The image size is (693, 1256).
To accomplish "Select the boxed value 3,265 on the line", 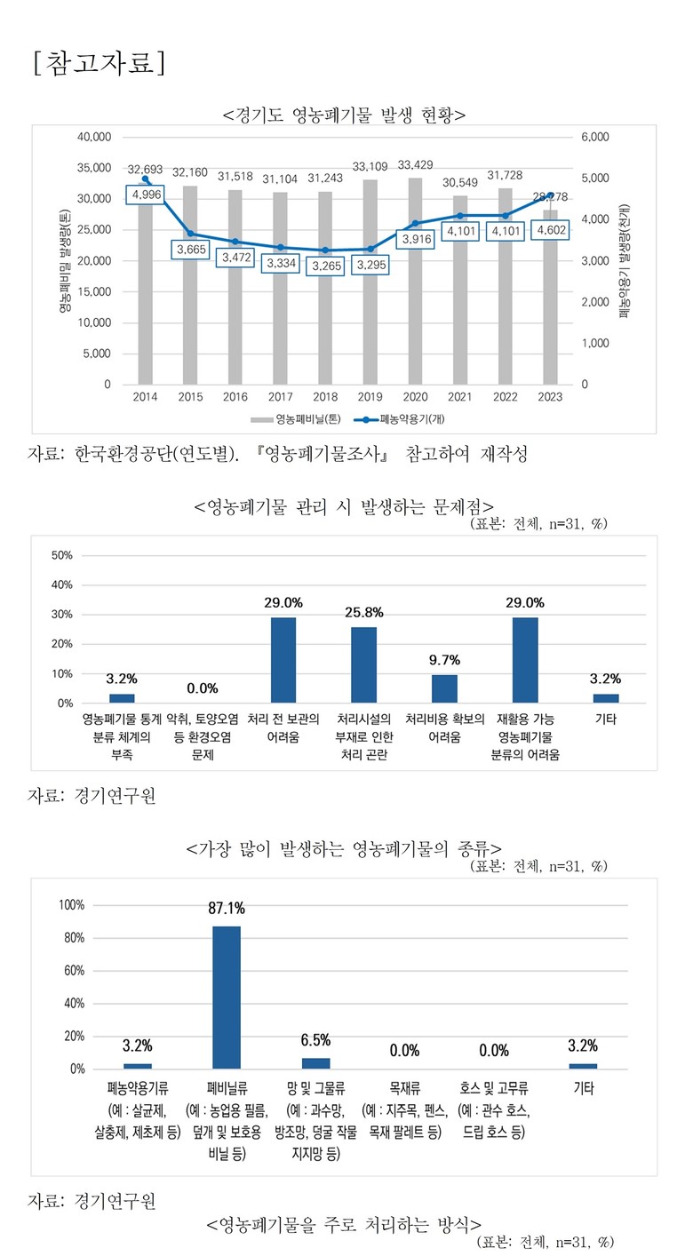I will pyautogui.click(x=325, y=266).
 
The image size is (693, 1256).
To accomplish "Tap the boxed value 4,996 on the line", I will pyautogui.click(x=146, y=195).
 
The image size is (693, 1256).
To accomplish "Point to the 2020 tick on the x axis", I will pyautogui.click(x=416, y=398).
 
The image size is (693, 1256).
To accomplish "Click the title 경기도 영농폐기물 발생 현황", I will pyautogui.click(x=346, y=115).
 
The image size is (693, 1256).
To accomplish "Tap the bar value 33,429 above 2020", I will pyautogui.click(x=416, y=165).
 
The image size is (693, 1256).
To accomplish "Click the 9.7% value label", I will pyautogui.click(x=444, y=661).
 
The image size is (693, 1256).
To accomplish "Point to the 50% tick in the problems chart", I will pyautogui.click(x=63, y=556).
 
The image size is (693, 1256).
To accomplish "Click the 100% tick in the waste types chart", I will pyautogui.click(x=70, y=905).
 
